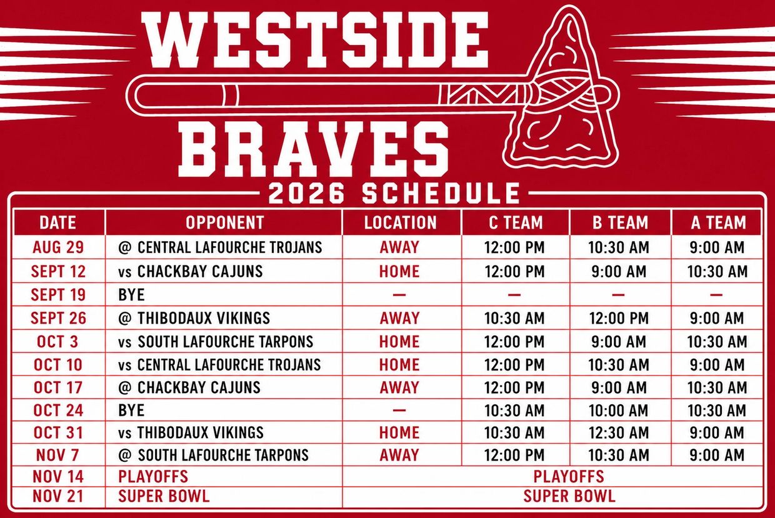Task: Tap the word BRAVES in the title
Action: (x=313, y=149)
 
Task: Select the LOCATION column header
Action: (x=400, y=222)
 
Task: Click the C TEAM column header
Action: (x=516, y=222)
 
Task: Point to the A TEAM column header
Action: (x=718, y=222)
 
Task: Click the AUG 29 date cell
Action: (x=58, y=247)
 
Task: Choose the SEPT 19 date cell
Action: (x=58, y=295)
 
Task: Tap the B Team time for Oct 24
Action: (x=619, y=411)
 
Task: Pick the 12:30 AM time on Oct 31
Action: (x=619, y=432)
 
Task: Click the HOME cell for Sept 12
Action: (x=399, y=271)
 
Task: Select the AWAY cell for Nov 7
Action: (x=399, y=455)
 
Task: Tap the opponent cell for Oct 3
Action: (x=216, y=342)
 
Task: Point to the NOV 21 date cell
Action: (x=58, y=496)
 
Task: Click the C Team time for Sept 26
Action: (x=514, y=318)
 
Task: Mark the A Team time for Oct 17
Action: (x=717, y=387)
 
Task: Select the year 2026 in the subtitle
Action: (x=306, y=193)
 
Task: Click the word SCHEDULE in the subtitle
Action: (x=441, y=193)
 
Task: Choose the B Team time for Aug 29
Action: (x=619, y=247)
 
